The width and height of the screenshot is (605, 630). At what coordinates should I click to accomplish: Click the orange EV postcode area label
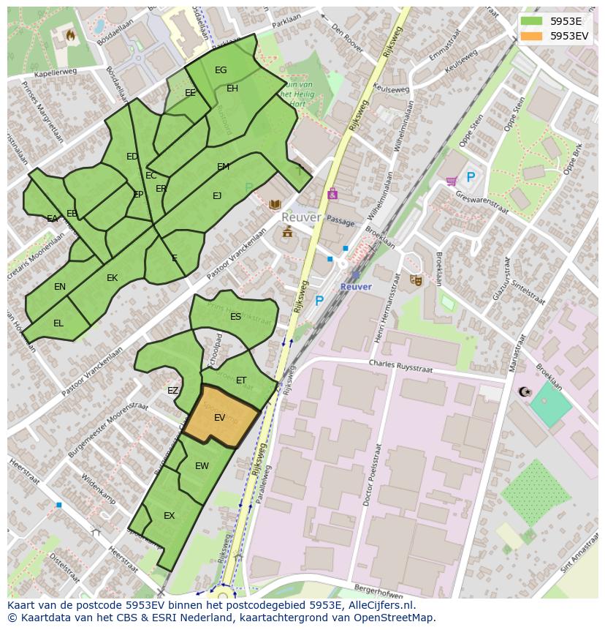pos(219,418)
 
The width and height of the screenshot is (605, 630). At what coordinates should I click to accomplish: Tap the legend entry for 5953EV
pos(568,35)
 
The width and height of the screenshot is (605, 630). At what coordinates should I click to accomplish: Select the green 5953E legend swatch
pos(532,21)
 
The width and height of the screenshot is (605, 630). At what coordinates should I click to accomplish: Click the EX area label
pos(169,516)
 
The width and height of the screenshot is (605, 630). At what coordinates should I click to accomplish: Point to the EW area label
pos(202,466)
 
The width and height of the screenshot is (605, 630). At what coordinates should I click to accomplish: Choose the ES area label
pos(235,317)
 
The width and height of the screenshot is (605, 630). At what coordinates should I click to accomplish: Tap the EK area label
pos(112,278)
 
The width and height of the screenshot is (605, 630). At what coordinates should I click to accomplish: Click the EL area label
pos(58,323)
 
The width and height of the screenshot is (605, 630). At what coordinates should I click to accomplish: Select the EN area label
pos(60,287)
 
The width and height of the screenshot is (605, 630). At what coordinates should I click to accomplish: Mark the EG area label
pos(221,70)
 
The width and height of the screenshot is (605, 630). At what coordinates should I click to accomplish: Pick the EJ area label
pos(217,196)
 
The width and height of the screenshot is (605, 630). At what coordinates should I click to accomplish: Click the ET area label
pos(241,380)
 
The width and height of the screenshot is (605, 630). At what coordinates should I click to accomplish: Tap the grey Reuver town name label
pos(301,218)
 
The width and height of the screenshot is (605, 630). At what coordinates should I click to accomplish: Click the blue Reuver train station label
pos(356,287)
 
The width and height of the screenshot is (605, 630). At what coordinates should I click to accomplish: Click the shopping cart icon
pos(452,180)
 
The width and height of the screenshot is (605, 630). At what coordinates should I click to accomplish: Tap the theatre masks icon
pos(416,280)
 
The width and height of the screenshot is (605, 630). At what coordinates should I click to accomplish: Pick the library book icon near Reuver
pos(275,204)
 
